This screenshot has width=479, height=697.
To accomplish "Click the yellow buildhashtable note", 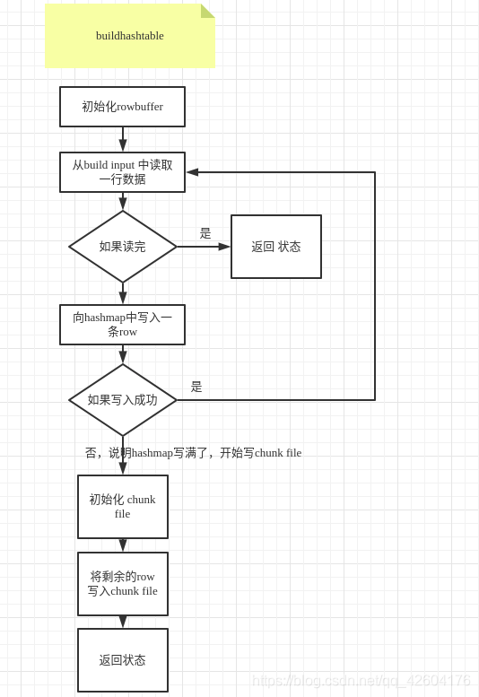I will click(129, 36).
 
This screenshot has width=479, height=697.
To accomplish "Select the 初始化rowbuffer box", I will click(122, 107).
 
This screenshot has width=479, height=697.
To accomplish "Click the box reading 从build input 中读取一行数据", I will click(122, 172).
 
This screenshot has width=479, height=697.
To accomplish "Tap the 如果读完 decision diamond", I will click(123, 247).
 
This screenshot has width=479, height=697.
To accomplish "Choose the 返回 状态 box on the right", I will click(275, 247).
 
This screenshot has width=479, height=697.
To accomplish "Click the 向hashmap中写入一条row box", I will click(122, 325).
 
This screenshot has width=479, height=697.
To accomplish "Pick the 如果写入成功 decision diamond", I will click(123, 400).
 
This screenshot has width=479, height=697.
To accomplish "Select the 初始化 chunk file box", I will click(123, 507).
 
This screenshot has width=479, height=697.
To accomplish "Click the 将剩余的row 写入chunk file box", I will click(123, 584).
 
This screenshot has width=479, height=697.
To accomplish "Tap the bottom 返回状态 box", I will click(123, 660).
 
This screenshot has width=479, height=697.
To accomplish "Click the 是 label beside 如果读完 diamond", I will click(205, 233).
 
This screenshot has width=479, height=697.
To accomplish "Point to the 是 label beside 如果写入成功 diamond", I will click(196, 387).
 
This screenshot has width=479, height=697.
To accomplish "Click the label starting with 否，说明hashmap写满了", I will click(193, 453).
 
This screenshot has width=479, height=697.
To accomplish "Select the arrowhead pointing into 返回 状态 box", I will click(224, 247).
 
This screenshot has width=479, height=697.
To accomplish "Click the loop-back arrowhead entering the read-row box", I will click(192, 172).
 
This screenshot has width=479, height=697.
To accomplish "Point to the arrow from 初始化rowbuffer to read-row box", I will click(123, 140).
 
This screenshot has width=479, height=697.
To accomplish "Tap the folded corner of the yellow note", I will click(207, 11).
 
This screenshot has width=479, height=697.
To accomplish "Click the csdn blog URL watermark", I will click(361, 680).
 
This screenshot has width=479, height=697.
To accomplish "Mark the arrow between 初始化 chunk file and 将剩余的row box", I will click(123, 545).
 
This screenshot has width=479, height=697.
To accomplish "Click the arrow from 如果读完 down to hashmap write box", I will click(123, 294).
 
